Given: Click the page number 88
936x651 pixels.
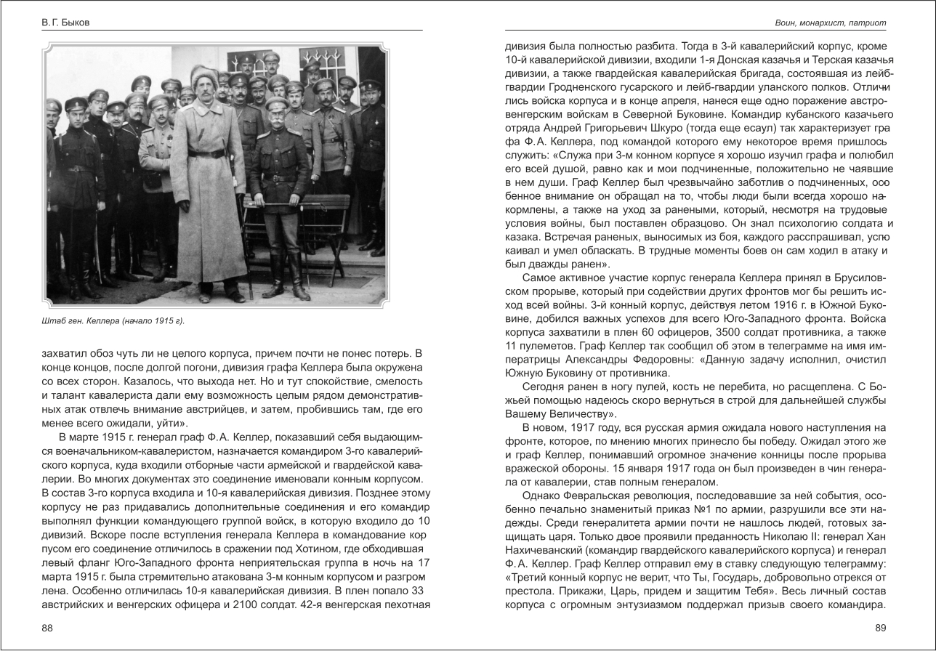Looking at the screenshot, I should point(47,628).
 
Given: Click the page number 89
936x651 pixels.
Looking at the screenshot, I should point(881,628).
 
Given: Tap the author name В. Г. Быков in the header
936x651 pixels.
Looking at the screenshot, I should point(65,23).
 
